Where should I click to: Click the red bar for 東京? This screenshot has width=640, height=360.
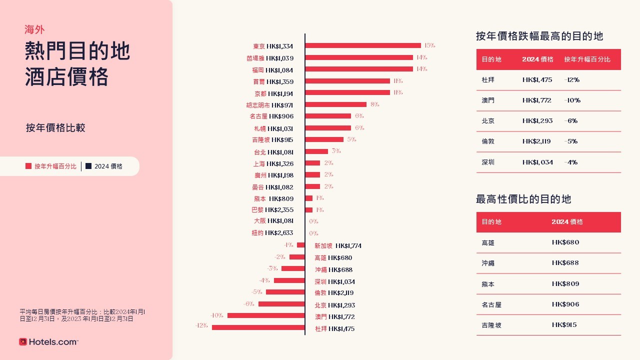(363, 45)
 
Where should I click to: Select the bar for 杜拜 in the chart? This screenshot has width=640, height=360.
(258, 327)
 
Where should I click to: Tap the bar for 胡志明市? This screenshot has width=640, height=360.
(335, 104)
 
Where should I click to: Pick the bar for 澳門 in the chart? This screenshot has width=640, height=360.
(266, 315)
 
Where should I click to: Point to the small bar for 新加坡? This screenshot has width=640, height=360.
(301, 245)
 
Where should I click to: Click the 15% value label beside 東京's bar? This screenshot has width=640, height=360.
(429, 45)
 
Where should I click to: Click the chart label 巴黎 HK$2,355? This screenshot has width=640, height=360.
(272, 210)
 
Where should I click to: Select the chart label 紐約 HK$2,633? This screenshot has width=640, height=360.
(272, 233)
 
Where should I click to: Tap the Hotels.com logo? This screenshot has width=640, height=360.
(48, 342)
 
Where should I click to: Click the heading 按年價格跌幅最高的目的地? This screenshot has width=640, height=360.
(539, 36)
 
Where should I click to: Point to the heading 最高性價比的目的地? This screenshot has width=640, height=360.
(523, 199)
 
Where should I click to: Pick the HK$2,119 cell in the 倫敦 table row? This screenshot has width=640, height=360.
(536, 141)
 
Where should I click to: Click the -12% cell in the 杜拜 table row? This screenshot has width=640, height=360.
(571, 80)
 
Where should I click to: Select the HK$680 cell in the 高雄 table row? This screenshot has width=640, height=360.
(565, 242)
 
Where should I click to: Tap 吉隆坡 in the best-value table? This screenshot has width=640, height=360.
(491, 325)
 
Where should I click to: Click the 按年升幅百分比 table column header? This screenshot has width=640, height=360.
(587, 59)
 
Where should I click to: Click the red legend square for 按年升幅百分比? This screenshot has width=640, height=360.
(28, 166)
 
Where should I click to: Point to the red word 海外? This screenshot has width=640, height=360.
(34, 30)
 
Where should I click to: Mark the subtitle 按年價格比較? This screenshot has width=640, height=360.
(55, 128)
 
